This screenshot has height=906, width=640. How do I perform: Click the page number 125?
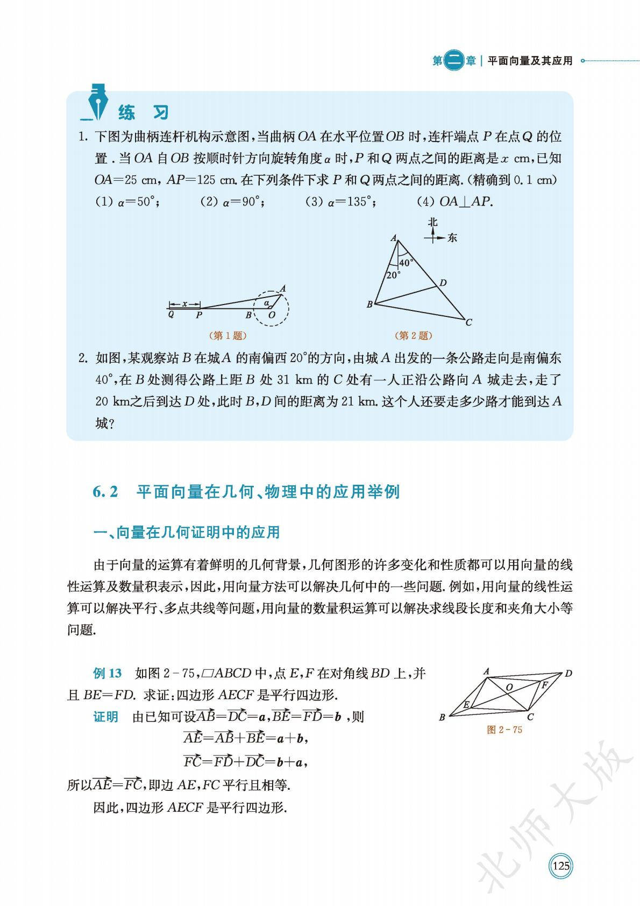coord(560,866)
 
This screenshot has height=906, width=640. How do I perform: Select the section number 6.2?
coord(105,492)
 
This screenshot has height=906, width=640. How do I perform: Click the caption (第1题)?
coord(228,336)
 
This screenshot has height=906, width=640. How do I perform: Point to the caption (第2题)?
coord(414,336)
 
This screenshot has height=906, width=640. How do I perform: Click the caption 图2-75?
coord(504,730)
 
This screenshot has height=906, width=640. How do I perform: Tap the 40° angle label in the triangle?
coord(406,263)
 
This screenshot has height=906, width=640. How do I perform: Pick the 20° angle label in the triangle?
coord(393,274)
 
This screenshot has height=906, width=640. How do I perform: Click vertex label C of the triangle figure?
coord(468,323)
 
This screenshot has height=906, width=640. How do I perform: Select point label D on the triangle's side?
coord(443,283)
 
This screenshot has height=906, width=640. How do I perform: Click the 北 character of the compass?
coord(432,222)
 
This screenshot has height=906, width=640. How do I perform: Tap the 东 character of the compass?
coord(452,237)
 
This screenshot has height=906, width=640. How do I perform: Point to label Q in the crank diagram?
coord(171,315)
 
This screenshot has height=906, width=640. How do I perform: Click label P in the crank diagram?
coord(198,315)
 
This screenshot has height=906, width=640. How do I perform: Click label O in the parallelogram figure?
coord(509,687)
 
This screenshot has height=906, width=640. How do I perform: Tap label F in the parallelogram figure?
coord(544,685)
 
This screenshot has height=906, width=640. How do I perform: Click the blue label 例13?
coord(108,673)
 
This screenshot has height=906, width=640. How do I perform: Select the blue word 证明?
coord(105,717)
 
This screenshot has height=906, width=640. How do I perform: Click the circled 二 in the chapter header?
coord(455,61)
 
